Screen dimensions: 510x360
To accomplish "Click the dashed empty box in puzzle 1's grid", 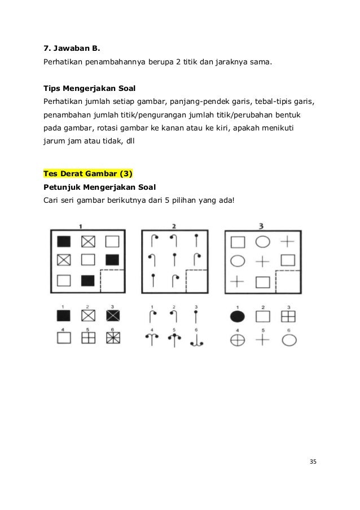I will coord(112,280).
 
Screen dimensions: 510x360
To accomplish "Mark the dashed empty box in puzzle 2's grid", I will coord(197,280).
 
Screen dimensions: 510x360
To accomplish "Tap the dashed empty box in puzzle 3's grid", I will coord(287,280).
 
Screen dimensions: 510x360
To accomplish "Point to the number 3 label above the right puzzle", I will coord(261,226).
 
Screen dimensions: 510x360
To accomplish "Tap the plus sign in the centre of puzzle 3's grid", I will coord(262,261).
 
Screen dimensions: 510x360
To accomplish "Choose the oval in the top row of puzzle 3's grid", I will coord(262,242).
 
